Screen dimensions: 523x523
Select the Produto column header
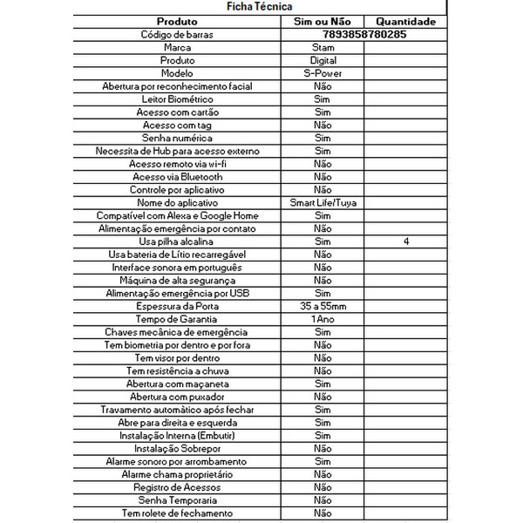click(x=177, y=21)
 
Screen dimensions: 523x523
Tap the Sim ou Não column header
click(x=323, y=21)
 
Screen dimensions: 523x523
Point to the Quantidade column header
click(x=407, y=21)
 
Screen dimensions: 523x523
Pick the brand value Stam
click(x=323, y=48)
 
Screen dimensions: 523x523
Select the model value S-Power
click(x=323, y=74)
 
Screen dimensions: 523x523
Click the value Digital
click(x=323, y=61)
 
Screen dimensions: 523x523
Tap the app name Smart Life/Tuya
click(x=323, y=202)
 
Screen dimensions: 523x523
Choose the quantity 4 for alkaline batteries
click(x=407, y=241)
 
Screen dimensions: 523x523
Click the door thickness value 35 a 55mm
click(x=323, y=306)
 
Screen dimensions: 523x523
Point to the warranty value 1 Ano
click(x=323, y=319)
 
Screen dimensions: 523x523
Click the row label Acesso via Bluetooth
click(x=177, y=176)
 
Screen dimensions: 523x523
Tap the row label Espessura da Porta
click(x=177, y=306)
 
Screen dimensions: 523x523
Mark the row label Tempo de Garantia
click(x=177, y=319)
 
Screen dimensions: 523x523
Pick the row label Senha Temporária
click(x=177, y=500)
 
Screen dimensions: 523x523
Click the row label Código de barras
click(x=177, y=35)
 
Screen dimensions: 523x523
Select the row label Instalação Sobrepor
click(x=177, y=448)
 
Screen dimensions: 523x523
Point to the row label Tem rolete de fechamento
click(x=177, y=513)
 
